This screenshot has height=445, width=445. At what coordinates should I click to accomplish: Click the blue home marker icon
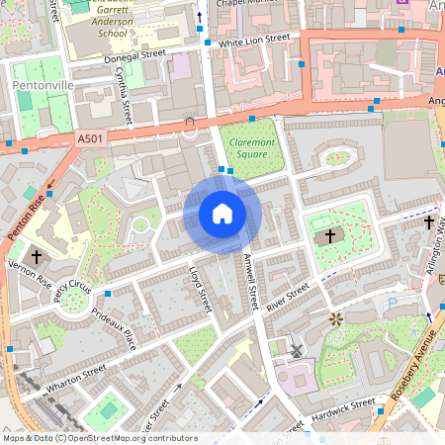click(222, 214)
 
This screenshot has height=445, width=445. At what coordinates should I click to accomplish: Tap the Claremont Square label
click(251, 148)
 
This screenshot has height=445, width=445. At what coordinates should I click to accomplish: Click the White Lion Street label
click(254, 39)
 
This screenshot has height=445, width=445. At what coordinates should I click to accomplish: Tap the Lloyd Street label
click(201, 289)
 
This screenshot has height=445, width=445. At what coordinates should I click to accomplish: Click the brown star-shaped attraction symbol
click(336, 318)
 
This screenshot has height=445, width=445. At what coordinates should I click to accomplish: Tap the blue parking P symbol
click(392, 303)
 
